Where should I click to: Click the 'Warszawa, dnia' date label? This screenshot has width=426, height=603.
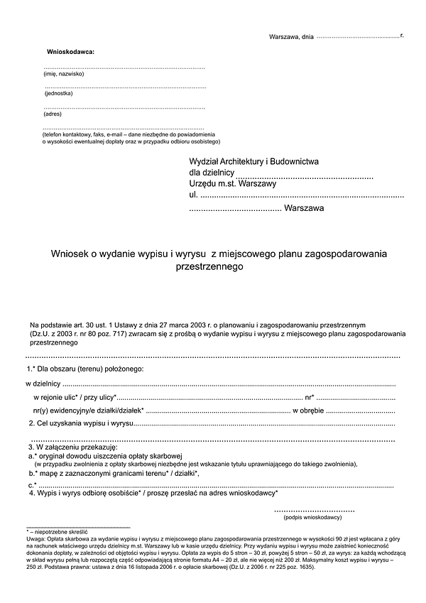click(x=291, y=36)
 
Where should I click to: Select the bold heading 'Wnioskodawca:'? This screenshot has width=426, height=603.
click(x=70, y=53)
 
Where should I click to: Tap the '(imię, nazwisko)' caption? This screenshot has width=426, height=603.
click(x=64, y=74)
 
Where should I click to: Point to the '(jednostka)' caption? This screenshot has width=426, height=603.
click(x=58, y=93)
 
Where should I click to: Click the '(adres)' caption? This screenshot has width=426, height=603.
click(x=53, y=114)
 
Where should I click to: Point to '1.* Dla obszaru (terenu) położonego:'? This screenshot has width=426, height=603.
click(x=85, y=369)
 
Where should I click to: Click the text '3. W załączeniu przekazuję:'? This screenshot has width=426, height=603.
click(x=71, y=447)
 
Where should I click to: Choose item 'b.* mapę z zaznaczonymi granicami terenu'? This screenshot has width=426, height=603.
click(x=114, y=472)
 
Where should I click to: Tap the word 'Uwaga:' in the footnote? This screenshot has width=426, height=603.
click(x=36, y=539)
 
